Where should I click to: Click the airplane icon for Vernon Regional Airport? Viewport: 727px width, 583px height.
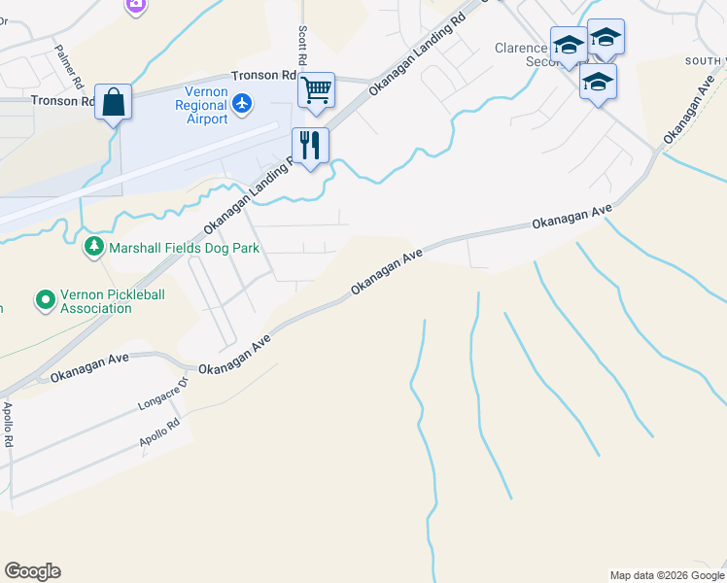[242, 102]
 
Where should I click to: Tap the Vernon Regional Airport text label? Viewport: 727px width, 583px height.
[201, 106]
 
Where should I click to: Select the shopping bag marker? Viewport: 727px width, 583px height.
[114, 102]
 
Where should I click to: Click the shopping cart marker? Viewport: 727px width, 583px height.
[316, 90]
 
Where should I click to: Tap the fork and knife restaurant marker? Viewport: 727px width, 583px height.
[310, 146]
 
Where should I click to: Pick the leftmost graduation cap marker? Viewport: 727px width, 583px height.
[569, 45]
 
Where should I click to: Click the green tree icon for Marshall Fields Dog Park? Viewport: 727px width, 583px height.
[94, 248]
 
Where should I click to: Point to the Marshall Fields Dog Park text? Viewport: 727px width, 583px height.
[184, 249]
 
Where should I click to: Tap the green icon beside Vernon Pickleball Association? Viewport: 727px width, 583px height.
[45, 300]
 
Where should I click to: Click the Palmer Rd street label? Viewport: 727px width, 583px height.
[67, 61]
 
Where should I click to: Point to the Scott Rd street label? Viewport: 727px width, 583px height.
[303, 46]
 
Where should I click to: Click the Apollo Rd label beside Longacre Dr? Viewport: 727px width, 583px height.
[160, 432]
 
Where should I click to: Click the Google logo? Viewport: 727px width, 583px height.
[32, 571]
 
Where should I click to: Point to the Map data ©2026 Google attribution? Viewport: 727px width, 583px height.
[666, 575]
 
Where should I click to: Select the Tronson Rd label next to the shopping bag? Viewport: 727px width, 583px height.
[62, 100]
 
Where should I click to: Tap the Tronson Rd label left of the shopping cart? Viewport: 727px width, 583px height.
[262, 75]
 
